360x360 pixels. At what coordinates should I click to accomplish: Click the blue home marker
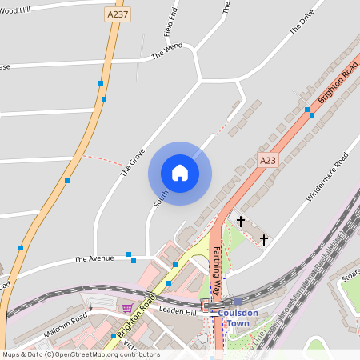coord(180,173)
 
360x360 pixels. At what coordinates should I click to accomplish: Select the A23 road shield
coord(267,161)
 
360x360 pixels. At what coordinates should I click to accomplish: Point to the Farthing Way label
coord(216,262)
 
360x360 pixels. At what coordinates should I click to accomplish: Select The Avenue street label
coord(95,259)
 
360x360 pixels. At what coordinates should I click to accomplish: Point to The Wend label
coord(167,52)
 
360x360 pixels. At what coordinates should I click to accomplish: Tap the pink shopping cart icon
coord(127,307)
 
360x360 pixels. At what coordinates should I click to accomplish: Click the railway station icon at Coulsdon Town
coord(206,302)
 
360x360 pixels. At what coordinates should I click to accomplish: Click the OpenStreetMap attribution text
coord(81,354)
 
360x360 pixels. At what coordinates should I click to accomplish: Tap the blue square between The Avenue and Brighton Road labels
coord(130,255)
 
